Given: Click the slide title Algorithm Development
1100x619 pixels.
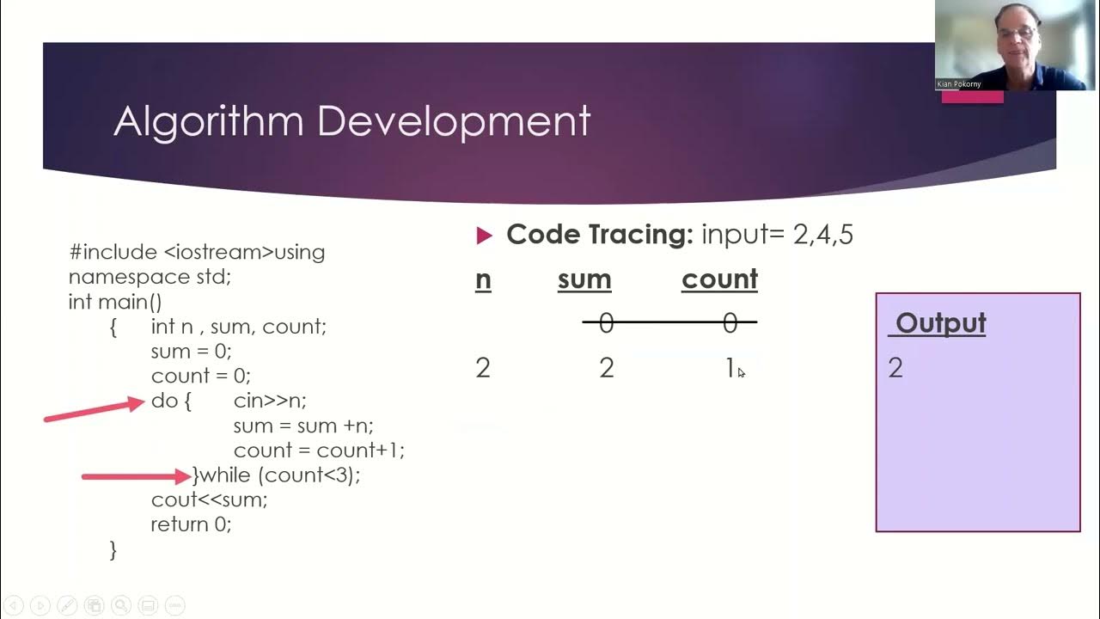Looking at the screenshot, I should [351, 121].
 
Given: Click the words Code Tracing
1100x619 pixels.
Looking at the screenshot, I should [599, 235].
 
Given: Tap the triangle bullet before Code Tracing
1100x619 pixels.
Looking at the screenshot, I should [484, 236].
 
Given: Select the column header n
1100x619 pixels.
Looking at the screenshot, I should [483, 280].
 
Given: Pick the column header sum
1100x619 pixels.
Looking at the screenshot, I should [584, 280].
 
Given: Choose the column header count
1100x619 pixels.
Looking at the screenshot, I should [719, 280].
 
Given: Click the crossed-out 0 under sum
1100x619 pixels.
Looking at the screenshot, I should [606, 323].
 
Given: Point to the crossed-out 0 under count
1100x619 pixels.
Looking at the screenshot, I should [730, 323].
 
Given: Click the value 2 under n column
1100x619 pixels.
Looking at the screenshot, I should [483, 368].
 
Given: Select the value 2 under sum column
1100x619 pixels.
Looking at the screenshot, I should [606, 368].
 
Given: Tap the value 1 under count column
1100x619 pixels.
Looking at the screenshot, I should [730, 368].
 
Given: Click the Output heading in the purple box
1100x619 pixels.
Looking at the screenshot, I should [940, 324].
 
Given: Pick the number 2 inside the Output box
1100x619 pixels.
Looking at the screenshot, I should [895, 368].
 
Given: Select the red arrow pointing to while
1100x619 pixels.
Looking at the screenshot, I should [136, 475].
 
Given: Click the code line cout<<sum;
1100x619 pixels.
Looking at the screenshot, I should [209, 499].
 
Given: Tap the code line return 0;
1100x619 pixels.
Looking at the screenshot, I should [191, 524].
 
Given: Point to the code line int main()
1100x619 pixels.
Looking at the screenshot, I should [115, 302].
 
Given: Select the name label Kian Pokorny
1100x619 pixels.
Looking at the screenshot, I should [959, 84].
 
